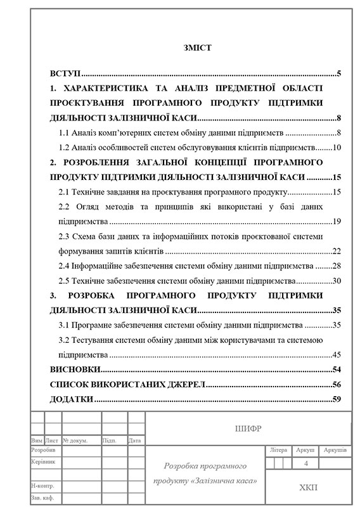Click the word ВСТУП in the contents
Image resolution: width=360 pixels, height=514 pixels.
point(63,74)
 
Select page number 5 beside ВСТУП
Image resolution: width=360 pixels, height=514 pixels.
point(340,74)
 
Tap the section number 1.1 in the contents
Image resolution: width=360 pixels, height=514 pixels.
point(63,133)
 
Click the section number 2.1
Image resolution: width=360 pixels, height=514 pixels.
point(63,191)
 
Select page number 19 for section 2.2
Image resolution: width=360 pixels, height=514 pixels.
point(338,221)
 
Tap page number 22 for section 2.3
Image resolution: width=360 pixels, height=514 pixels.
point(338,251)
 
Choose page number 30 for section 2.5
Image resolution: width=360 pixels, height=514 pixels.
point(338,281)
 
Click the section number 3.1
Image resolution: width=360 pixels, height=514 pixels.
point(63,325)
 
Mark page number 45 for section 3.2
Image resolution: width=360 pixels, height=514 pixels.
point(338,354)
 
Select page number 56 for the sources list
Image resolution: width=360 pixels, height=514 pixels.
point(338,384)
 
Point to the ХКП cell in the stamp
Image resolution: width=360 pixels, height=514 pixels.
point(309,487)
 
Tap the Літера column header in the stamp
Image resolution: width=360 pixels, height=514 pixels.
point(278,450)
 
